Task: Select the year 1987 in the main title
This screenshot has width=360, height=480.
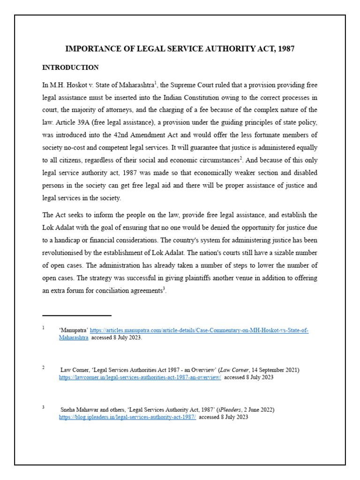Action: pos(285,49)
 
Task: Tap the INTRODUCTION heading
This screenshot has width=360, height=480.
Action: pos(70,67)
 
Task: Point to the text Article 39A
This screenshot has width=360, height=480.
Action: pos(71,122)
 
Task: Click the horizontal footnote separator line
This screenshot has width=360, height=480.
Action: pos(77,315)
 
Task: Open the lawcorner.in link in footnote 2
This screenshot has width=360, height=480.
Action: pos(140,377)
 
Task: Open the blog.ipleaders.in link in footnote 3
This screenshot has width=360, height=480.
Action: pos(127,417)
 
